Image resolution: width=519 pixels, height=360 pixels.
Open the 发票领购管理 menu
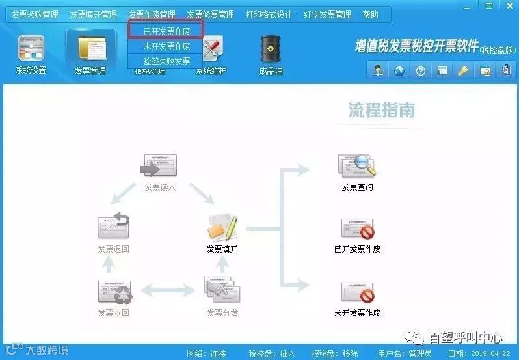point(34,14)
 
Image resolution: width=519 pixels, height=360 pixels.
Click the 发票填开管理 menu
point(93,14)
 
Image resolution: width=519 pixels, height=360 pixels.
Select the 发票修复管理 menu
point(210,14)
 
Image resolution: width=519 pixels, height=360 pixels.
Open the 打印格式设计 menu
point(269,14)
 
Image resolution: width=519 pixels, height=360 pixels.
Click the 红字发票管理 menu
point(327,14)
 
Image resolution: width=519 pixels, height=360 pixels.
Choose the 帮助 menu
point(370,14)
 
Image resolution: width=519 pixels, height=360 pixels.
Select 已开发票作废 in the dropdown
point(166,31)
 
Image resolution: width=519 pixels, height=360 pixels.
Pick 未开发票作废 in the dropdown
point(166,46)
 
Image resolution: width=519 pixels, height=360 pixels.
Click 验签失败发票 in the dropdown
point(166,61)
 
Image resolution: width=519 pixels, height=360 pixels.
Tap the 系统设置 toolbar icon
point(31,52)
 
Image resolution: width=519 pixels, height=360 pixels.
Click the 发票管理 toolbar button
point(90,52)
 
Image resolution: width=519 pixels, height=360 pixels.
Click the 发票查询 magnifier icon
point(357,167)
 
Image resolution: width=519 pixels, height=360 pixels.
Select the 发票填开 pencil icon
point(222,227)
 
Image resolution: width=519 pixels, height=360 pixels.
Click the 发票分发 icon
point(222,290)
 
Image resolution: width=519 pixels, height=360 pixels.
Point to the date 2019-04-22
point(496,353)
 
